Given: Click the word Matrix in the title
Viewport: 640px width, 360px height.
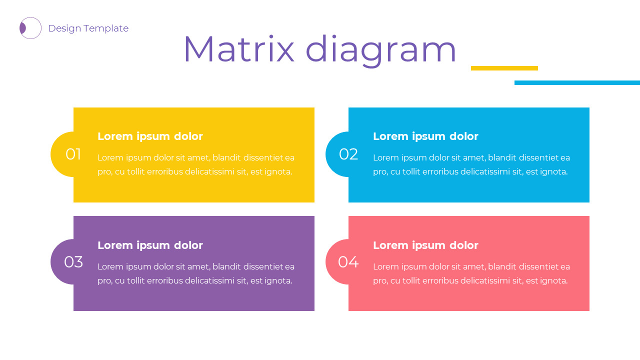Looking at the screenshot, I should [239, 49].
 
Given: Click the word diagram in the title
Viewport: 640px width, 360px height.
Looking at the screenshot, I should [381, 50].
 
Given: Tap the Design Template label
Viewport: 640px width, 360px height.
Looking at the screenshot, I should [88, 28].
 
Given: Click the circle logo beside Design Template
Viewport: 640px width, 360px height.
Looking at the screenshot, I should [30, 28].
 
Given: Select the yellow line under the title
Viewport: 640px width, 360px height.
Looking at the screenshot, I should [504, 68].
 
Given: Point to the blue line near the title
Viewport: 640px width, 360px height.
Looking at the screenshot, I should [577, 82].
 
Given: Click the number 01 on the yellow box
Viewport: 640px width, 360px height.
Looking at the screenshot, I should [73, 154].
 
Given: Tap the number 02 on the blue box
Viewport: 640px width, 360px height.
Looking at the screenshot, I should [348, 154].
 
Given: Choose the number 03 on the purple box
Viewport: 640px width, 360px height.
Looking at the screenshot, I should [73, 262].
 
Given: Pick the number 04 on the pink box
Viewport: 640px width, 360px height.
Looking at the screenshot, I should [348, 262].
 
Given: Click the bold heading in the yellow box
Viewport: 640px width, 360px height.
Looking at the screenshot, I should [150, 136].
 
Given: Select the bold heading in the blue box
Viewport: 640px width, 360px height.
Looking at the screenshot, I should [425, 136].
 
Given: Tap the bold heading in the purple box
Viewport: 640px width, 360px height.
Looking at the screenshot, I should [150, 245].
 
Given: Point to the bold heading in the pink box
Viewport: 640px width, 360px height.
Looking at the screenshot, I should [425, 245].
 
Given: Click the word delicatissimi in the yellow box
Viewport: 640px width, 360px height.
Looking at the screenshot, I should [209, 171].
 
